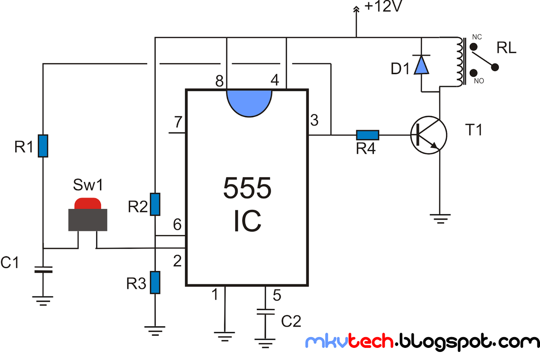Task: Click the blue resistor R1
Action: (43, 146)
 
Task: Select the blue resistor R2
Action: (154, 204)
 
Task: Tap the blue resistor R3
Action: (154, 283)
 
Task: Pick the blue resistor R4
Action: (368, 135)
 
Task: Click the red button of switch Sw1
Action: (88, 203)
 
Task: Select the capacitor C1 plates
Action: (43, 270)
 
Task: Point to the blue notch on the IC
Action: (250, 102)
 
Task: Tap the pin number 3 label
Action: (314, 121)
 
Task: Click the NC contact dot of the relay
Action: (473, 46)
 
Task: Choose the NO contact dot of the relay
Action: (473, 73)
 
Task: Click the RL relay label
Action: (507, 48)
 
